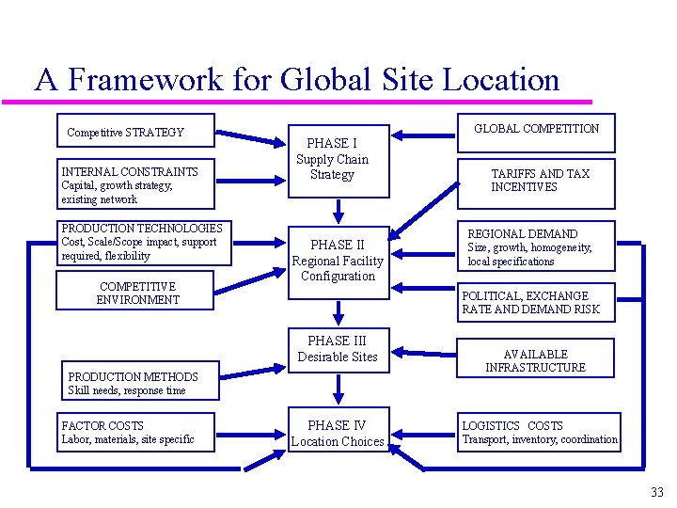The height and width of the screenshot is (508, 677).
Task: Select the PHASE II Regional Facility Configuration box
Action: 337,261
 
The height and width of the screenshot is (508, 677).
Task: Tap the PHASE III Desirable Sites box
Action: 337,348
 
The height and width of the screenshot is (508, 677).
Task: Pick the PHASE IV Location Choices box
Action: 337,433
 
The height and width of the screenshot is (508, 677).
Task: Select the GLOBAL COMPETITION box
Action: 536,129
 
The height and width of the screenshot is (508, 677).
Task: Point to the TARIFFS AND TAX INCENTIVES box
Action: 539,181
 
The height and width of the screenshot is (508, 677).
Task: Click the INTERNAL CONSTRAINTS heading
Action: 130,172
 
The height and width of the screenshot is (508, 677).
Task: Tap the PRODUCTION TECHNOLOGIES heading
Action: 142,229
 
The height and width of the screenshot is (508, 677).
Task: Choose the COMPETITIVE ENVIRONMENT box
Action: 137,293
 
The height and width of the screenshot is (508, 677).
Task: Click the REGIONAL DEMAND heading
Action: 523,233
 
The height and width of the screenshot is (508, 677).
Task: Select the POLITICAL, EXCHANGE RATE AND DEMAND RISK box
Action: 530,302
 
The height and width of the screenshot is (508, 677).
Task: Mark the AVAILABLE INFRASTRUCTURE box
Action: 535,360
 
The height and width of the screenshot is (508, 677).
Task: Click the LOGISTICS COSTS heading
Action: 512,426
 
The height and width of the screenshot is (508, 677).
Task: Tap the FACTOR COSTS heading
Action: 102,426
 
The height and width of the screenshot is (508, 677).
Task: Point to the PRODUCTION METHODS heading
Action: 133,377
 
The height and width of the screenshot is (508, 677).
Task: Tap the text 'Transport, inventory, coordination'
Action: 540,439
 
